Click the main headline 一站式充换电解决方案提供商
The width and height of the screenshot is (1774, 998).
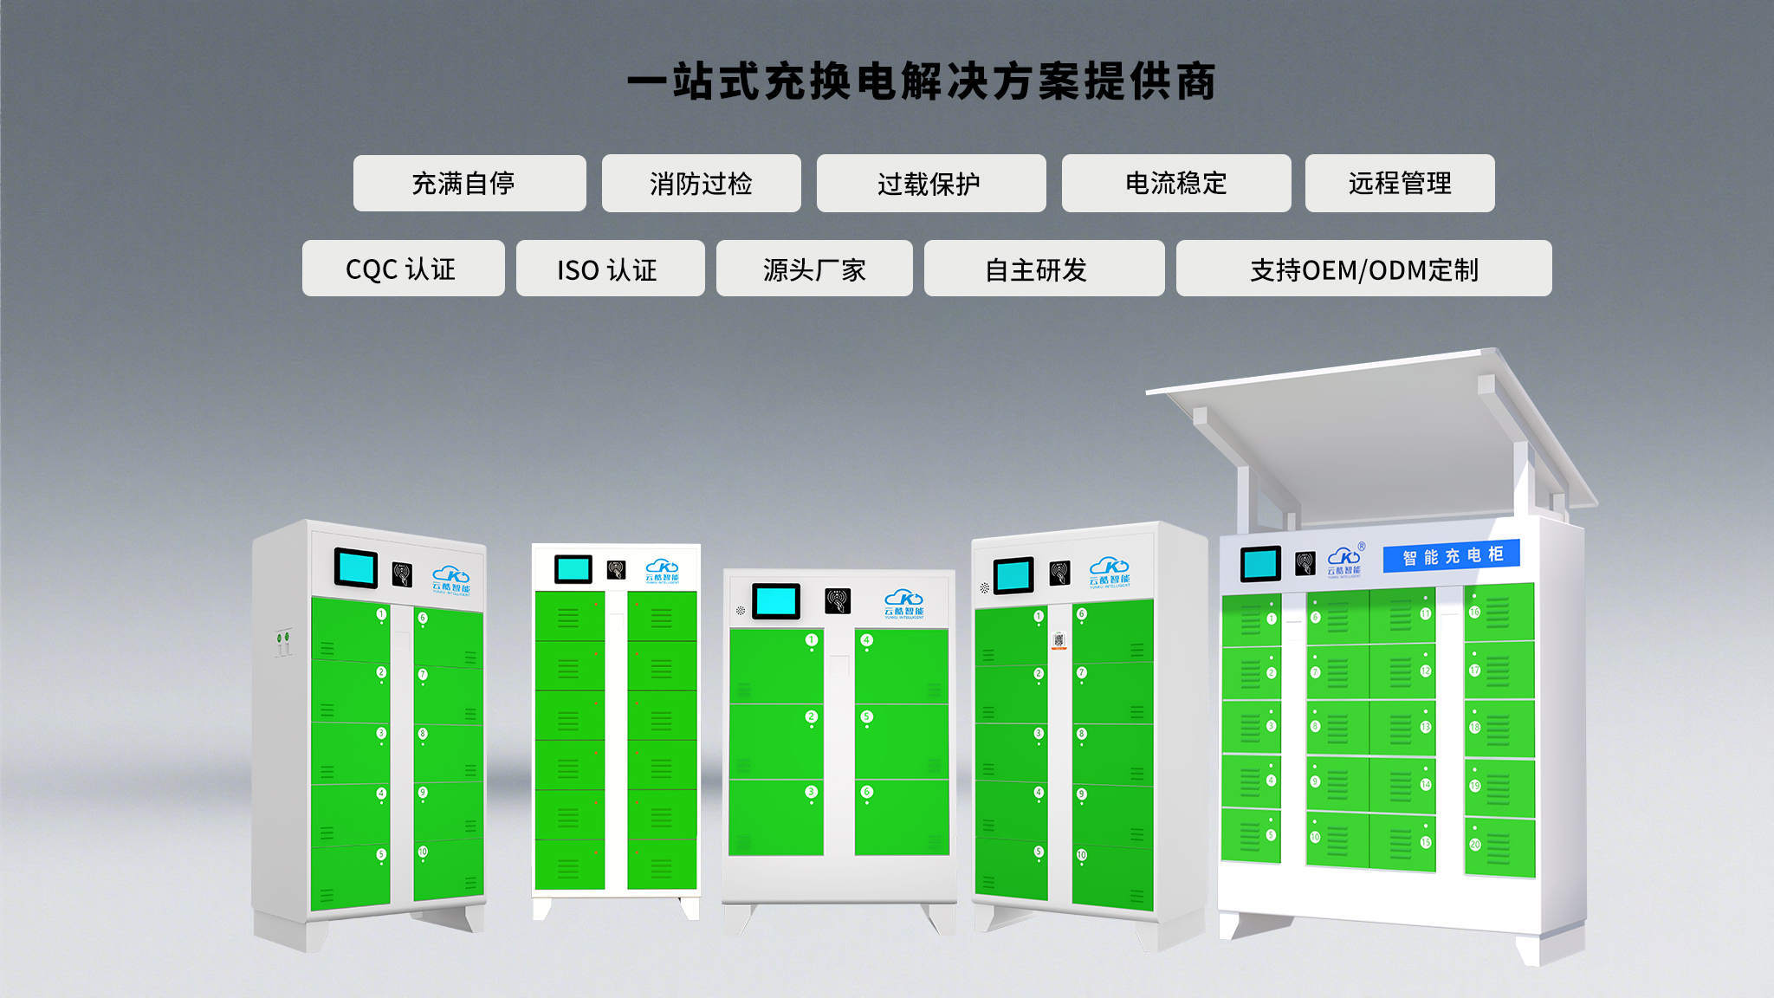pos(922,82)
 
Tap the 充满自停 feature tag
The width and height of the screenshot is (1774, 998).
pos(469,183)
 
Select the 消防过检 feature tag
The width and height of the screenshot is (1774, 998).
pos(701,183)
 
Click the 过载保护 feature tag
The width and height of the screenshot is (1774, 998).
pos(930,183)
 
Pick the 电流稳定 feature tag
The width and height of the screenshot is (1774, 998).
pos(1175,183)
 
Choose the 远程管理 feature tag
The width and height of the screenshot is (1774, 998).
pos(1399,183)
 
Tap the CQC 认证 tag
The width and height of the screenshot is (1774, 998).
pos(403,269)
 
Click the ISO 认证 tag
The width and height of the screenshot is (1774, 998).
pos(610,269)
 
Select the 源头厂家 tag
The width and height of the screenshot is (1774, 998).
pos(813,269)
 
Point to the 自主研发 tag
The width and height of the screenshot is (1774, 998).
pos(1043,269)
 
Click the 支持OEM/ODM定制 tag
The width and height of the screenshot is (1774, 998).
pos(1363,269)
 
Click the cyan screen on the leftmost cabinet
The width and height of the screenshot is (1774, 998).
pos(355,568)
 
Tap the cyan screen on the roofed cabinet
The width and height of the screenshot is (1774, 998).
pos(1259,564)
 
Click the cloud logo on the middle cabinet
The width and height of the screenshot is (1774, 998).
pos(903,601)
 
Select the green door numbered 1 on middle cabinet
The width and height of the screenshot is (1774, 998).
pos(775,665)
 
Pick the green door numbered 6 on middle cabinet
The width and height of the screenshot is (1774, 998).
pos(901,816)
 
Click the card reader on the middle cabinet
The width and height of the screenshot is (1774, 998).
pos(838,600)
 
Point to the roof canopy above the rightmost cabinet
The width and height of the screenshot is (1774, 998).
pos(1377,433)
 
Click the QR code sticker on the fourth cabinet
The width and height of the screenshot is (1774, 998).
pos(1059,640)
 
